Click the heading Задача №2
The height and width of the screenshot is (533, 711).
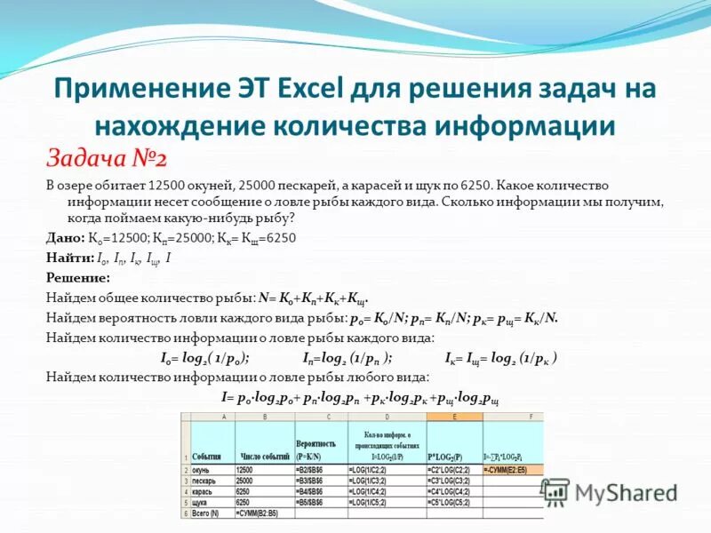[107, 158]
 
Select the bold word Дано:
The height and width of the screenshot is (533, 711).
[65, 238]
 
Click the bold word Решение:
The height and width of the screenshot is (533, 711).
[77, 275]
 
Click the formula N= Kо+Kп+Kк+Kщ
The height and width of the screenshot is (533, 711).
[312, 298]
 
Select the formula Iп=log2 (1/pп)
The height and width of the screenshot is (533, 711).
[346, 358]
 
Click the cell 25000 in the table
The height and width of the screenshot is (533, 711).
[250, 480]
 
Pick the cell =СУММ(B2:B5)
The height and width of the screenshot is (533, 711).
[262, 513]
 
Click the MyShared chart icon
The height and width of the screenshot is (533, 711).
[555, 491]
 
